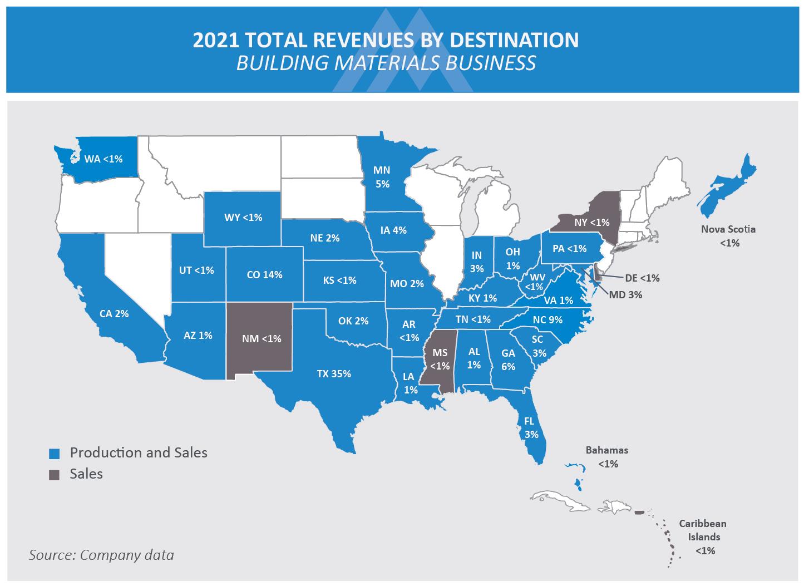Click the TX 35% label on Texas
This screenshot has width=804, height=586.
point(334,374)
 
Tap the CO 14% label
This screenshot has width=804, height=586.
point(264,275)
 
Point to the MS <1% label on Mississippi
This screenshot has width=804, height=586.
point(440,359)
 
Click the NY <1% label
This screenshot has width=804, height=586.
point(592,223)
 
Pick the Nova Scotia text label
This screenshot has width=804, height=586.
point(728,229)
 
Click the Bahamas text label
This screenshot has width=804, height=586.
point(607,450)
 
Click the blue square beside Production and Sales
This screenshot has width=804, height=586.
point(54,454)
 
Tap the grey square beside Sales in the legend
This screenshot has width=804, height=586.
point(54,475)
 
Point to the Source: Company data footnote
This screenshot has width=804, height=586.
point(101,555)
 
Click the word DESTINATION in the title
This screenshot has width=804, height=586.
point(514,40)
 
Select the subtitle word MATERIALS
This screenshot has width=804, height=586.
point(387,63)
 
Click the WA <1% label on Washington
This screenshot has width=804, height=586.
point(103,159)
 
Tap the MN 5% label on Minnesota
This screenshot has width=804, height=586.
point(382,177)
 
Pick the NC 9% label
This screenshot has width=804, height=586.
point(547,320)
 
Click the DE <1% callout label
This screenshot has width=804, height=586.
point(642,278)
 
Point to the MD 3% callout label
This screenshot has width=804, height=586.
point(625,295)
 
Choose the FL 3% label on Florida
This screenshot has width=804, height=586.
point(531,427)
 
